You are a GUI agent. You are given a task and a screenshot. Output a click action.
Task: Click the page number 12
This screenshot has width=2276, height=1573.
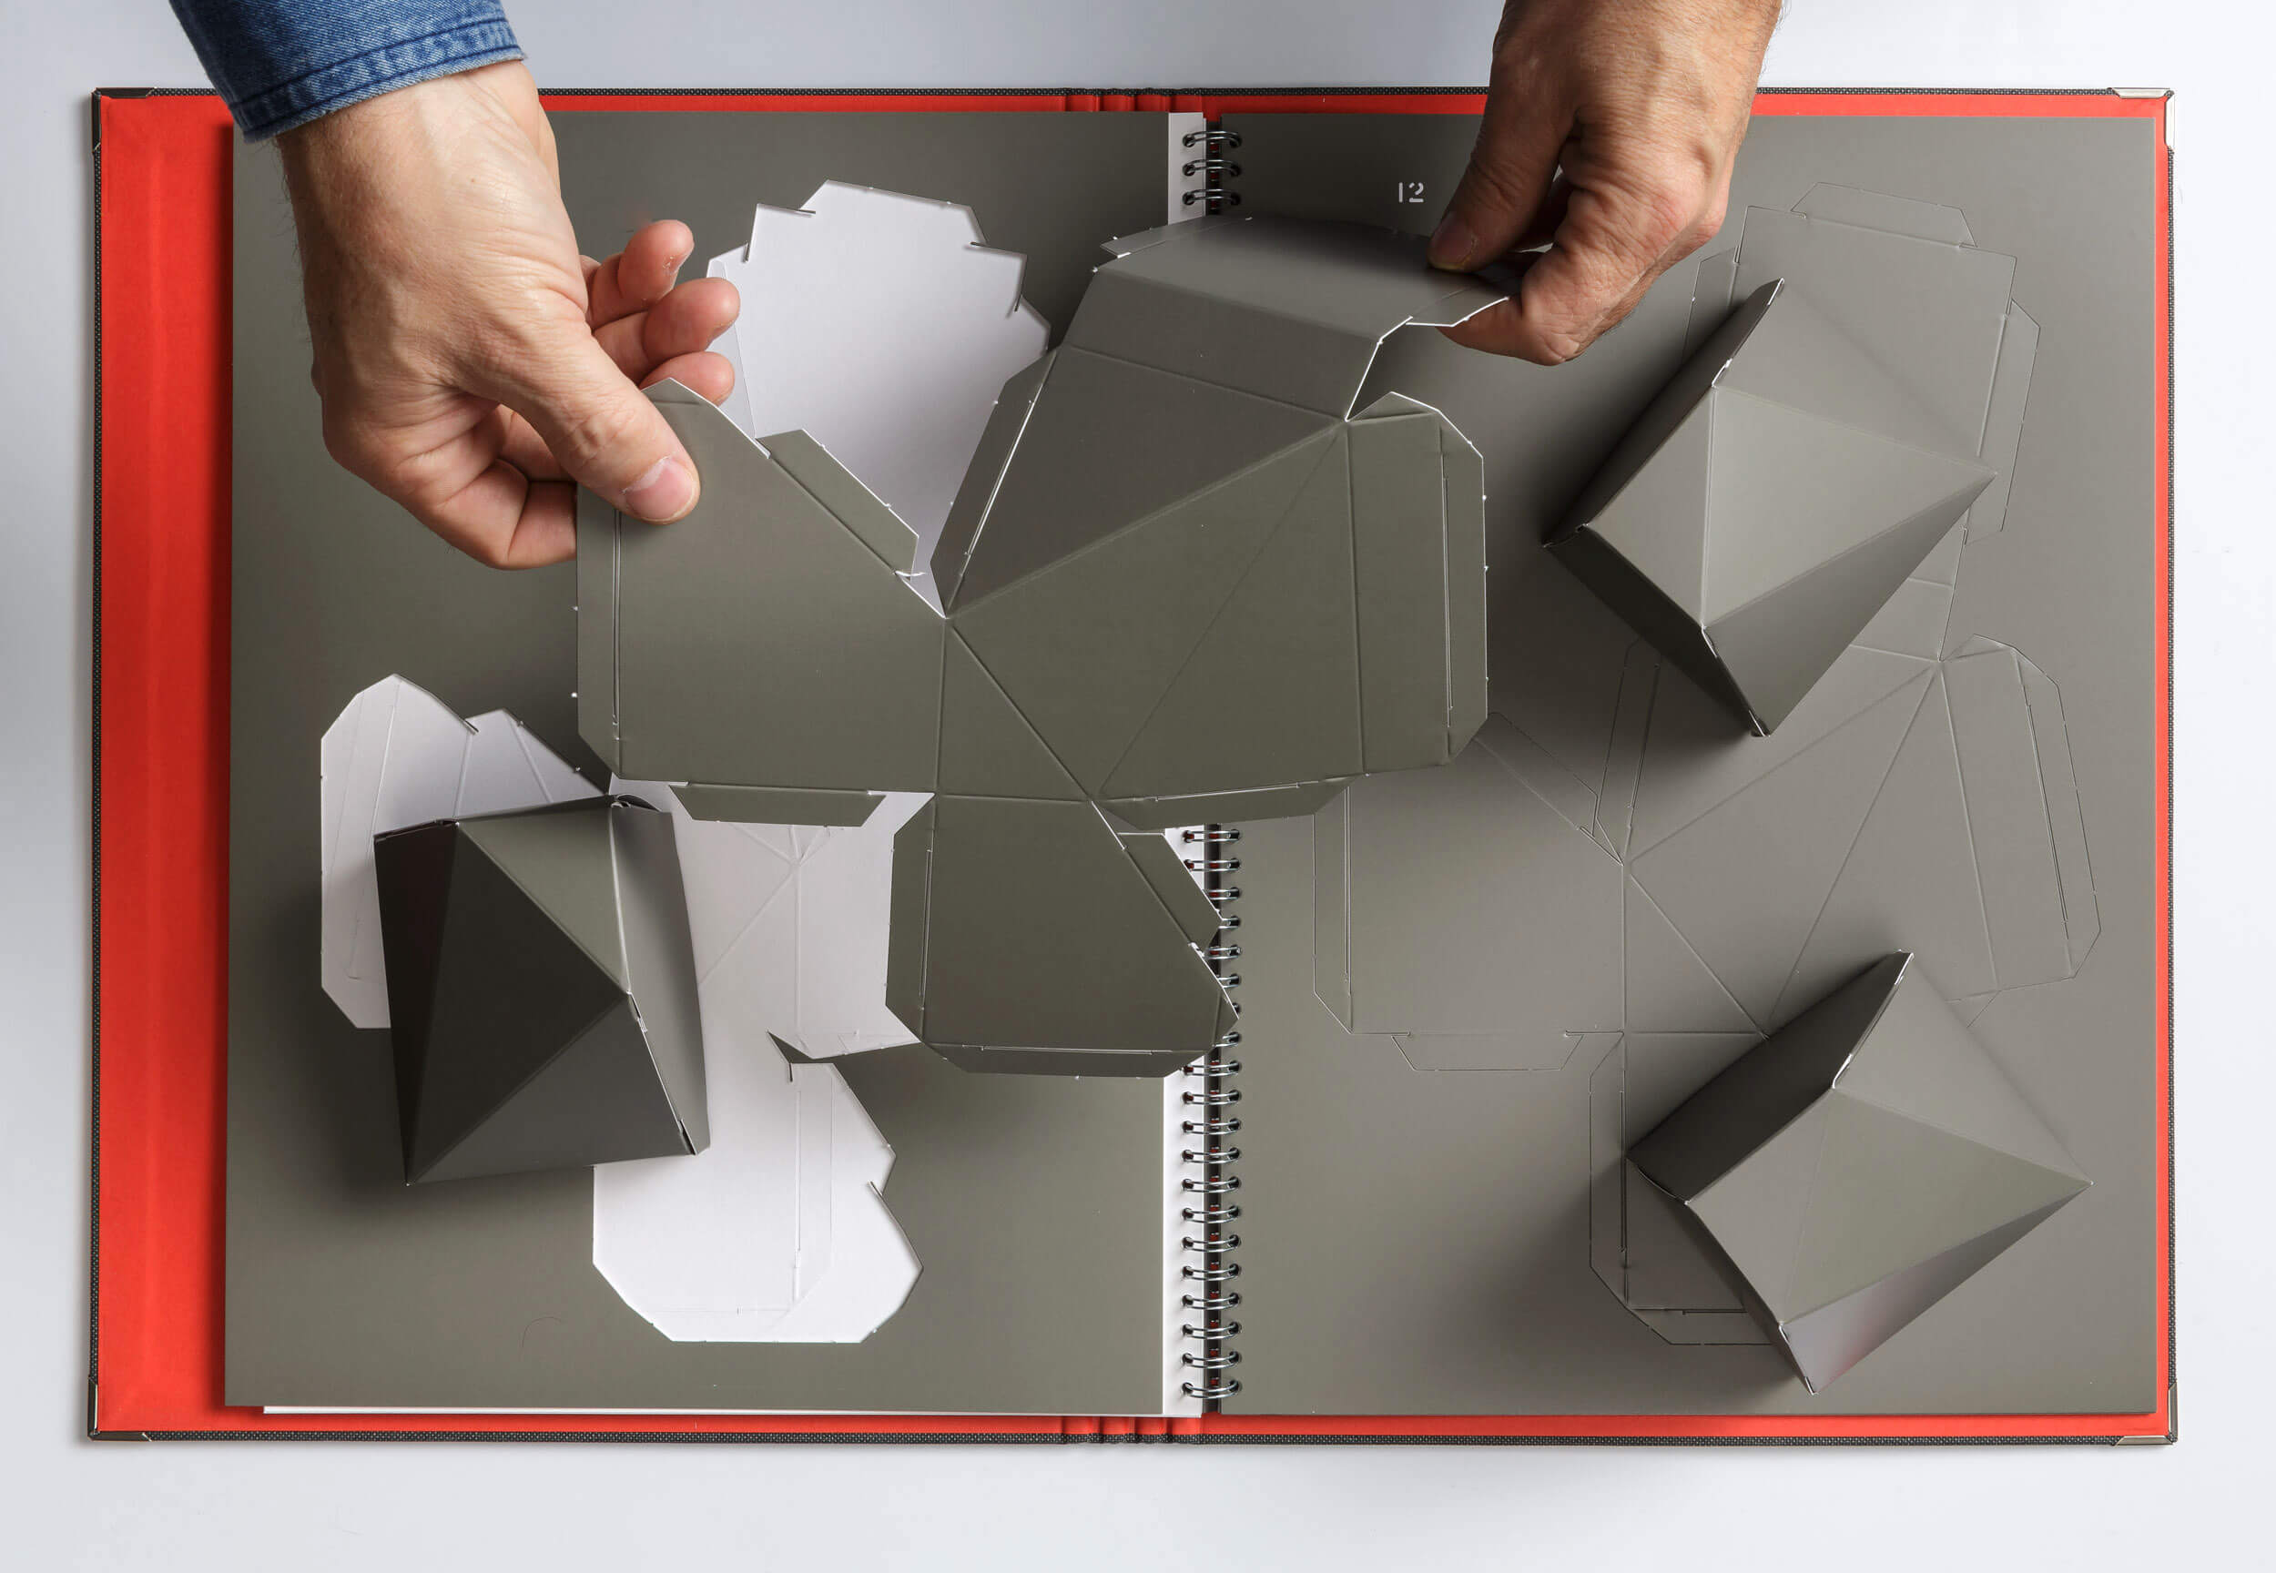(1410, 192)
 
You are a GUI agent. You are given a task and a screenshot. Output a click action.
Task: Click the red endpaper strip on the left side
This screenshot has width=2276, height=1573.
(163, 759)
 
